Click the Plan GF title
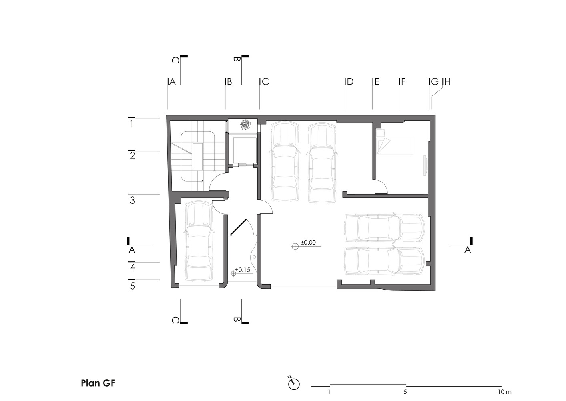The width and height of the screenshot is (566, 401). click(x=98, y=383)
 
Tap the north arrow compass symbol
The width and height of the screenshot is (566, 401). click(x=294, y=384)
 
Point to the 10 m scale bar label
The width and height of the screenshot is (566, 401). click(x=505, y=392)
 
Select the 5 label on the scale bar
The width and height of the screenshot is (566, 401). click(x=405, y=392)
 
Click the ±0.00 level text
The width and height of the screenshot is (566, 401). click(x=308, y=243)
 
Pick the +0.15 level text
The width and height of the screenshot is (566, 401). click(x=243, y=270)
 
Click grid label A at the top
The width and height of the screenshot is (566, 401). click(x=173, y=81)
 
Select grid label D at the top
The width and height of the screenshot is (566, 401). click(x=350, y=81)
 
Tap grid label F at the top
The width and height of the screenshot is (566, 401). click(x=403, y=81)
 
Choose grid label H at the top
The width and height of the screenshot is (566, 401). click(x=448, y=81)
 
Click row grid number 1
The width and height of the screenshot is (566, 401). click(x=132, y=124)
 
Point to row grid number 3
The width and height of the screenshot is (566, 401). click(x=132, y=200)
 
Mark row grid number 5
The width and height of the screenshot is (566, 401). click(x=132, y=286)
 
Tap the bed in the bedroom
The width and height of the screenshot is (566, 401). click(x=395, y=146)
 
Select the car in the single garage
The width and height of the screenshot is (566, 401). click(x=199, y=241)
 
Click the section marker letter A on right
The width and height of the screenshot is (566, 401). click(x=468, y=250)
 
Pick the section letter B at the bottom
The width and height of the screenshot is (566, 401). click(x=237, y=320)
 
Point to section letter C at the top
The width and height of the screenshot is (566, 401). click(x=176, y=60)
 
